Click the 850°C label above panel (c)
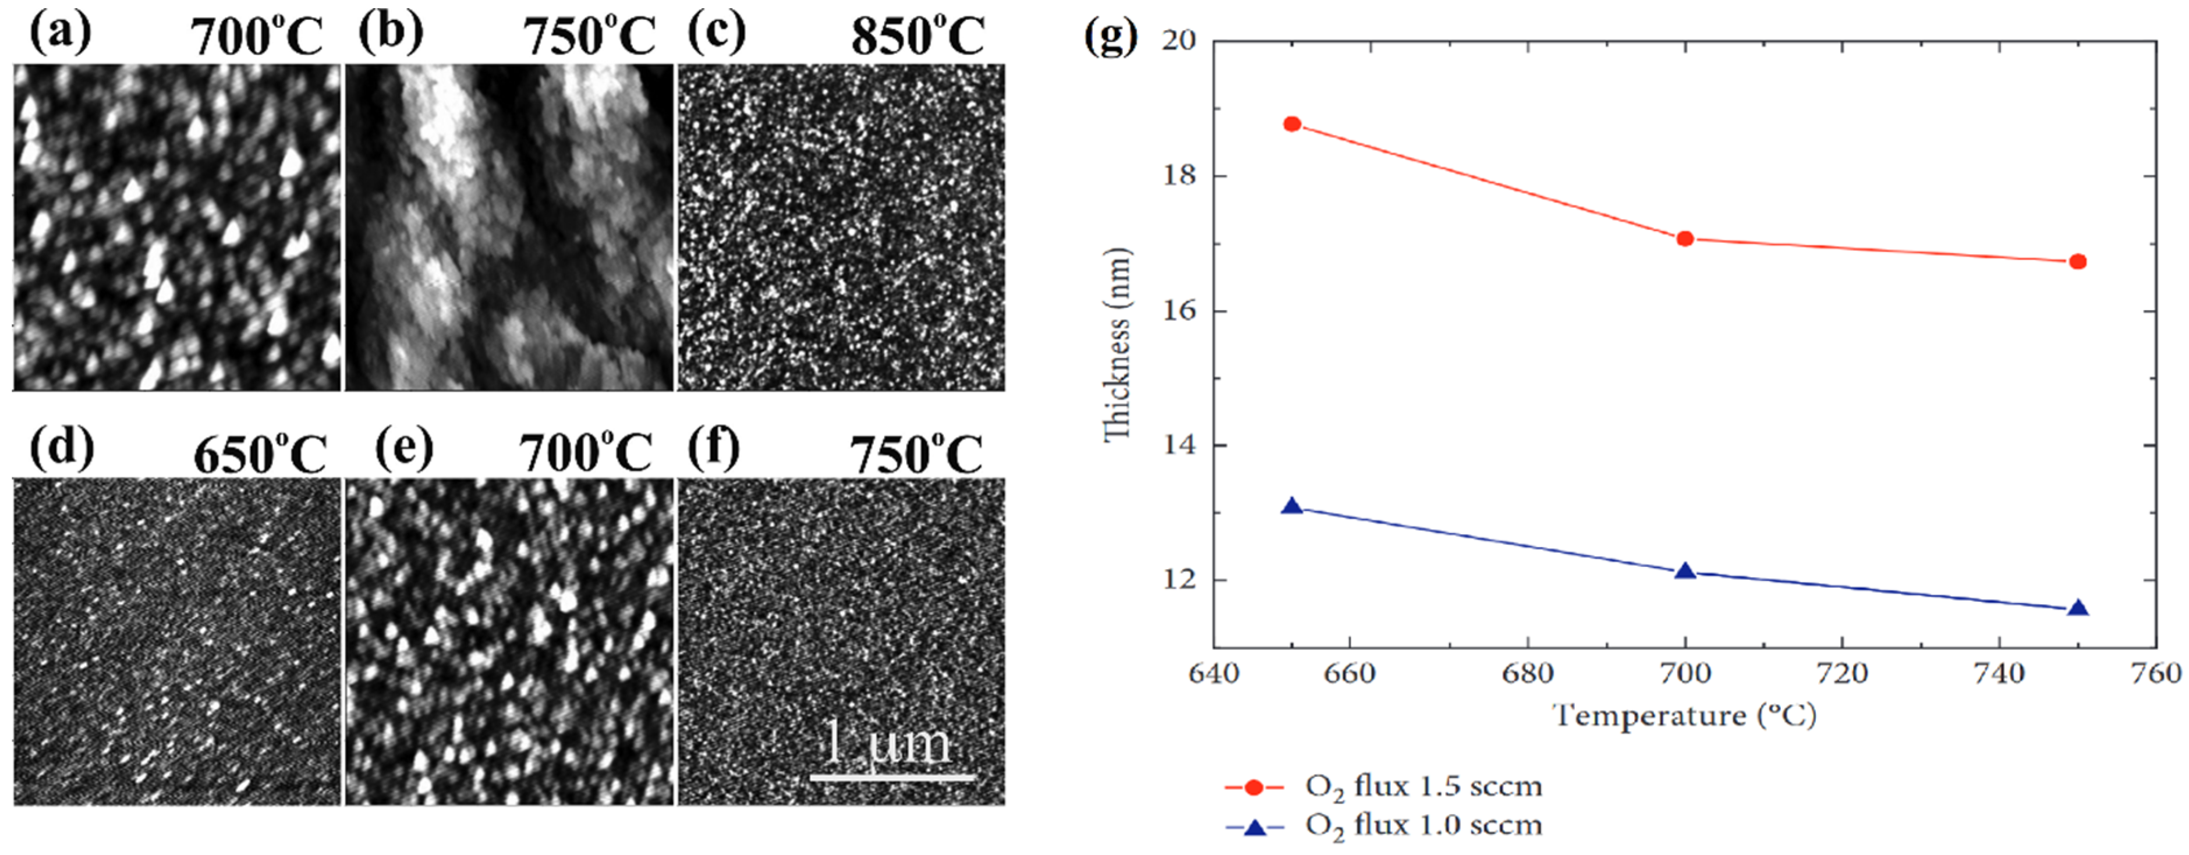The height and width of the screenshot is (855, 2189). pos(918,37)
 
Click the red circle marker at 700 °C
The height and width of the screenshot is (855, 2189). pos(1685,239)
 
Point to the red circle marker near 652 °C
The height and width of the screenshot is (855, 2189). pos(1292,124)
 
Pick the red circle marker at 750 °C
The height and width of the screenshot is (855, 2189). pos(2078,262)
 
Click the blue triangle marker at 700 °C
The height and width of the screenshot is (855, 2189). pos(1685,571)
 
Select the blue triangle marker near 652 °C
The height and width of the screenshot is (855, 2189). pos(1292,506)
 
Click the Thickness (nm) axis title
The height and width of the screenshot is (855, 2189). pos(1117,344)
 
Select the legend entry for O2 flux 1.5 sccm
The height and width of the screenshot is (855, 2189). pos(1383,787)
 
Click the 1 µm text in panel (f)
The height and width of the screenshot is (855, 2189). pos(888,744)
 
